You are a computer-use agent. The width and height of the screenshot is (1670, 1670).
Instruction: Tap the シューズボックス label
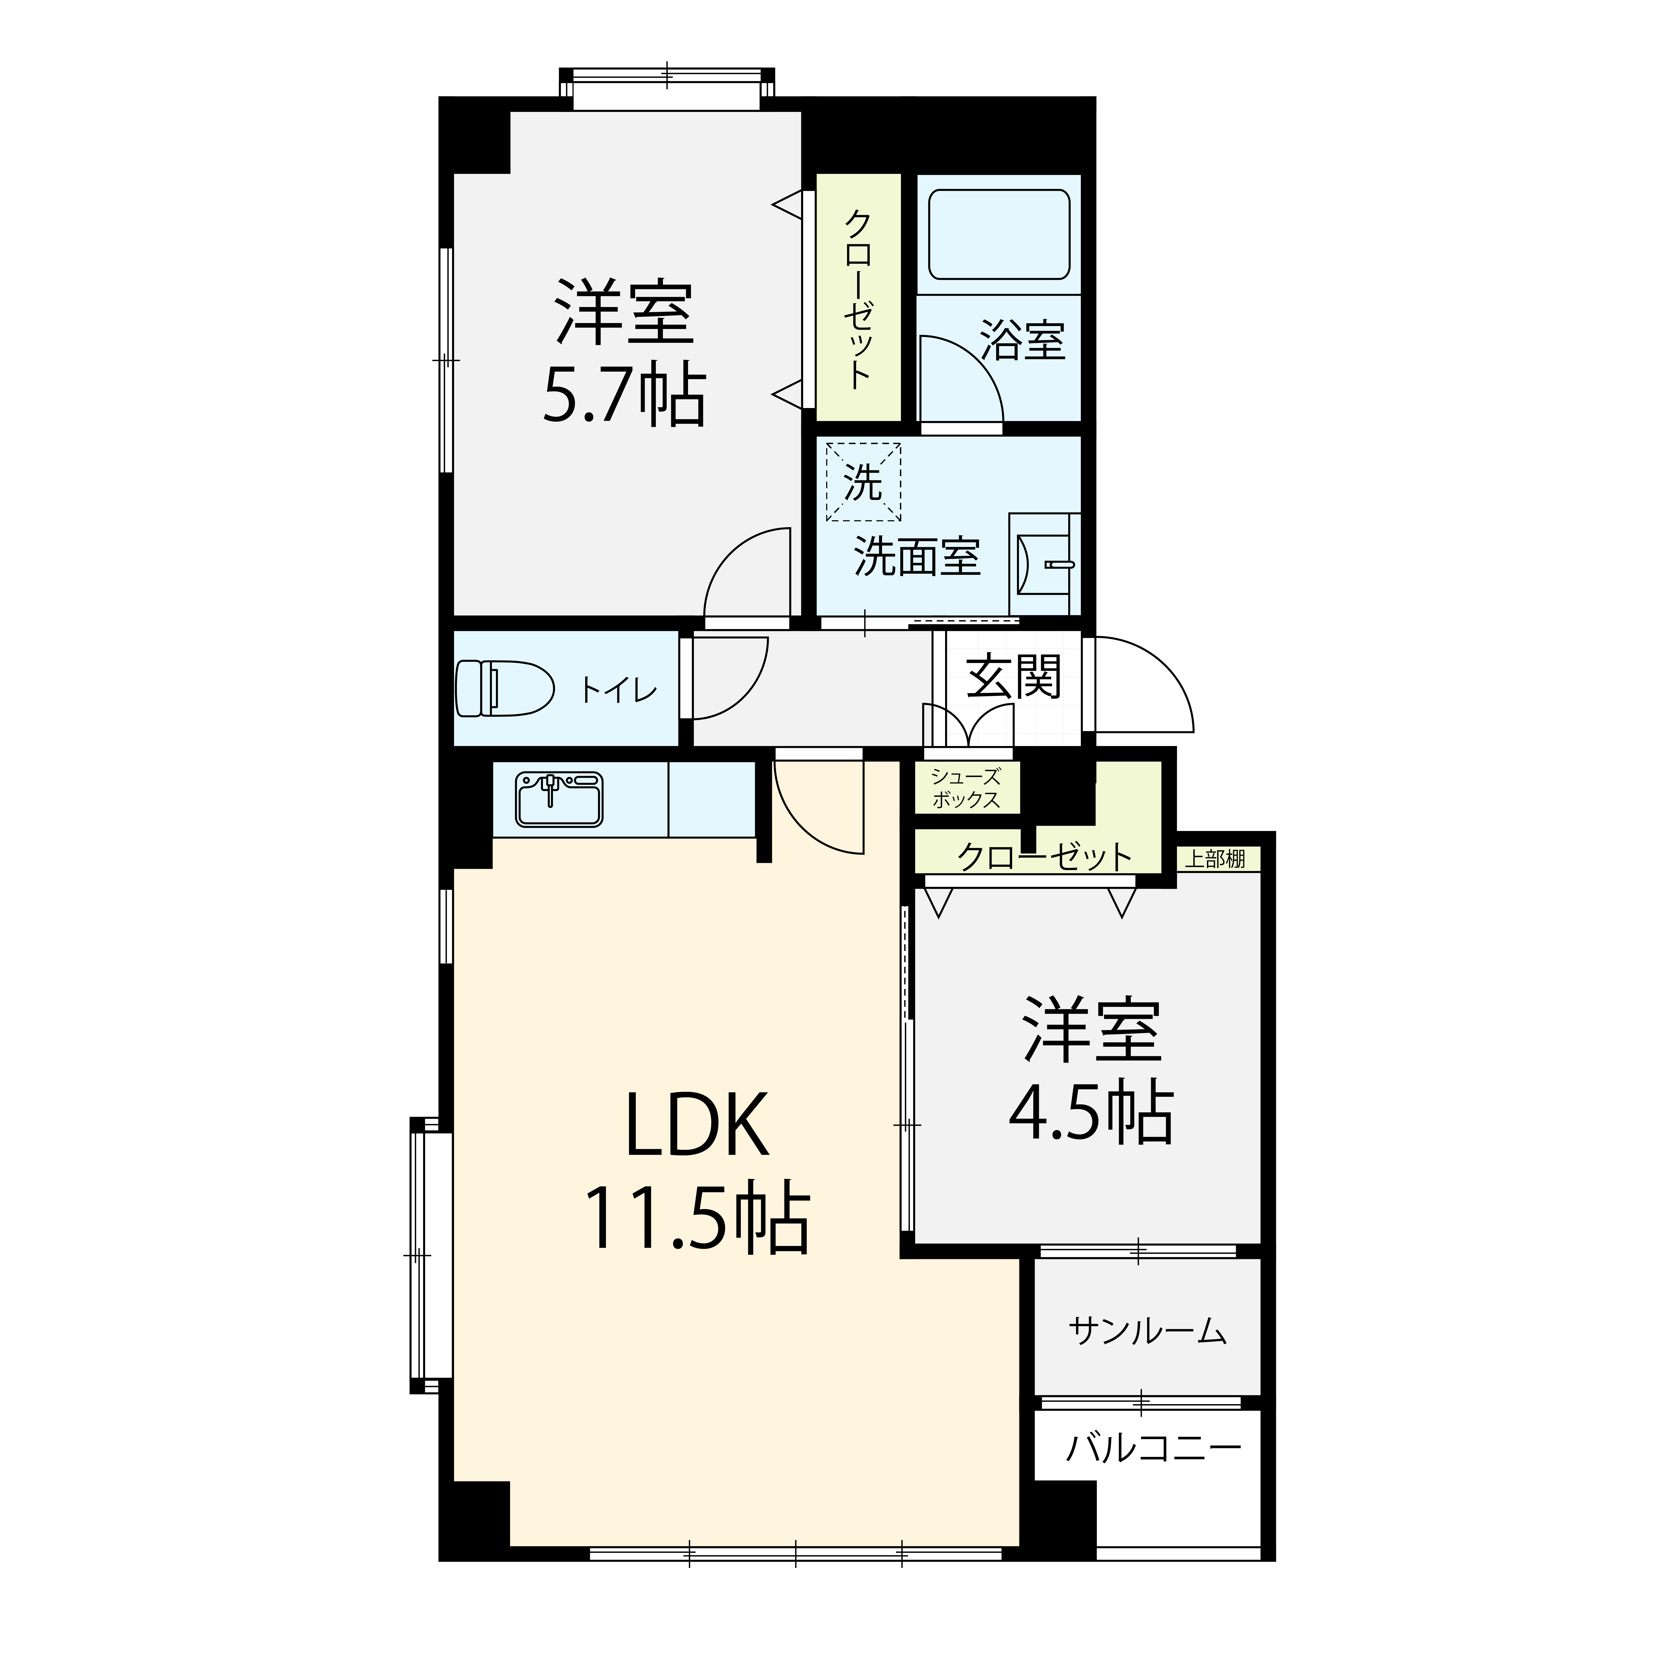966,788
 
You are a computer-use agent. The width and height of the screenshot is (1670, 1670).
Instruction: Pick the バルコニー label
1153,1446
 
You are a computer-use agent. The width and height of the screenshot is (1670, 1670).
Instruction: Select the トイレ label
619,690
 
